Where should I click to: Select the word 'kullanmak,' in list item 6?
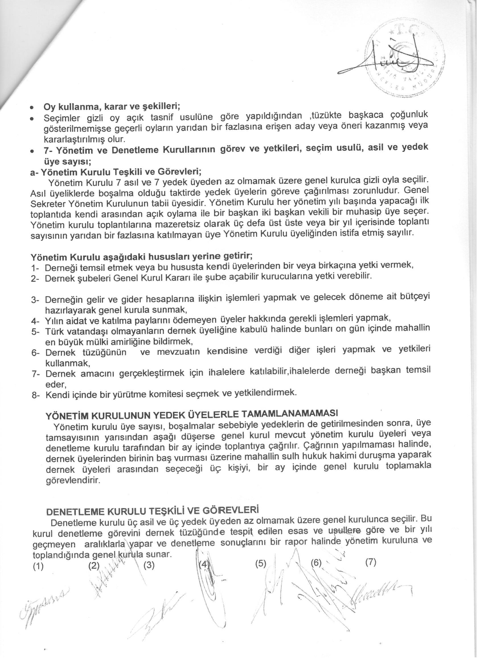[68, 363]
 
